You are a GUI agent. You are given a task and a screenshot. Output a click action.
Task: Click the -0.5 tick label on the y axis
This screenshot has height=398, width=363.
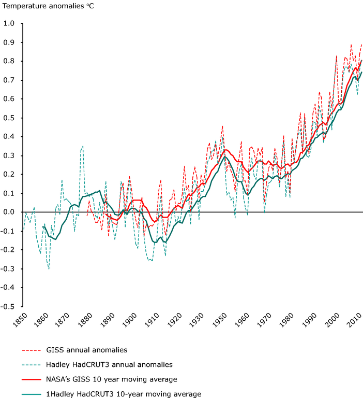point(8,307)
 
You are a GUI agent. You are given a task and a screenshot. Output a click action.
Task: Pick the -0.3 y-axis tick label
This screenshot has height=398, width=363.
point(8,269)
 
